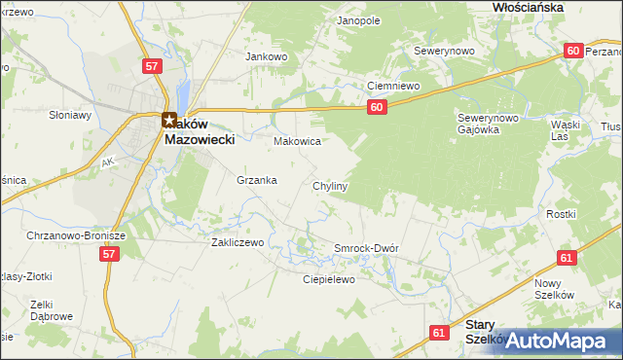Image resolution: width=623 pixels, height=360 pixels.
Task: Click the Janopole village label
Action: point(357,19)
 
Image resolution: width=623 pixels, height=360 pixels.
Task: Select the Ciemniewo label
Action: point(392,86)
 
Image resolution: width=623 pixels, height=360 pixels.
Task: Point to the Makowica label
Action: point(297,141)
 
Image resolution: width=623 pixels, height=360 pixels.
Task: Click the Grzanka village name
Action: point(257,180)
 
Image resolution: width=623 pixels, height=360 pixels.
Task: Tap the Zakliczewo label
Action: point(238,243)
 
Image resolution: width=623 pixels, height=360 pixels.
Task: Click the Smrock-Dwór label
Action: point(366,248)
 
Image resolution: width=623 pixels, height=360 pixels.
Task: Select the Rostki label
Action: point(562,214)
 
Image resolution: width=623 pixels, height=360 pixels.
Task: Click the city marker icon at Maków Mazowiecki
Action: point(168,121)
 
